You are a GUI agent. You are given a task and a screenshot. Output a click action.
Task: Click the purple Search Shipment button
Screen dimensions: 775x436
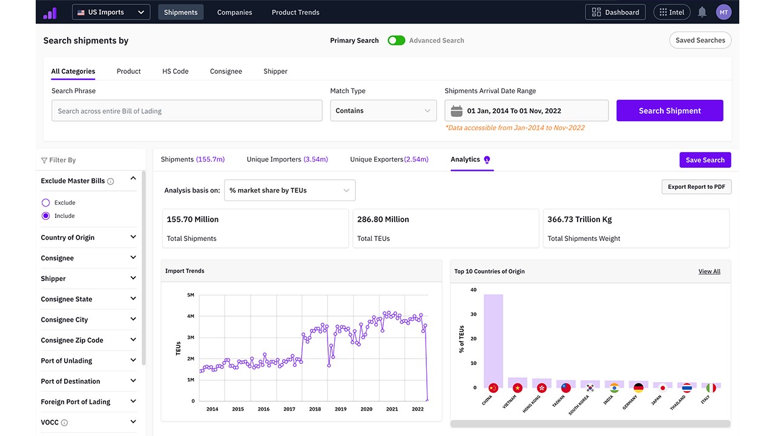(670, 111)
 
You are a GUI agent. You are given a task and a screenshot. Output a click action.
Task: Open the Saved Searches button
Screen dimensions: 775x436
(701, 40)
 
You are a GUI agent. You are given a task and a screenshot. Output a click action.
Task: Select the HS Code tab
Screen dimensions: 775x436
(176, 71)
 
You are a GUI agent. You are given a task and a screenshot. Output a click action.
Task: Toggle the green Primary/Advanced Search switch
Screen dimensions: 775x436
(396, 41)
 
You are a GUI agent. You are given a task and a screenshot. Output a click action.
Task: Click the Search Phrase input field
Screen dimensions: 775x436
(187, 111)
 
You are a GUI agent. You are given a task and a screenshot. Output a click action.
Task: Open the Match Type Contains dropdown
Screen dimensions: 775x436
(383, 111)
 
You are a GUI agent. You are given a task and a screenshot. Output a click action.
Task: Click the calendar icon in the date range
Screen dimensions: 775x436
(457, 111)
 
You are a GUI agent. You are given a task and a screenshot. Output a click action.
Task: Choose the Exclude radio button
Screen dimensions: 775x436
(45, 202)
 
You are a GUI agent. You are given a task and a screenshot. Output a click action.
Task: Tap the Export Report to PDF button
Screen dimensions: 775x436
(696, 187)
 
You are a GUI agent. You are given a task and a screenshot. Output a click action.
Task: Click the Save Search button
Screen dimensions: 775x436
(705, 160)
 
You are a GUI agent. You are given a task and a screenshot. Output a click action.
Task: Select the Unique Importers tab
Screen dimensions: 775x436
(287, 159)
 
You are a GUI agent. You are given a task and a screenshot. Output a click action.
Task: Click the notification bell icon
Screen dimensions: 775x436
(702, 12)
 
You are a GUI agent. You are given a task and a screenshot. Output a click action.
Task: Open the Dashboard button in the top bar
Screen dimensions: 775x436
(615, 12)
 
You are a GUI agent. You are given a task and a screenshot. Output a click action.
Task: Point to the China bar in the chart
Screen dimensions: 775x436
(493, 341)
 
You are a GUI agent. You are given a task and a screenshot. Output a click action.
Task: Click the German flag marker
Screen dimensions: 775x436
(638, 388)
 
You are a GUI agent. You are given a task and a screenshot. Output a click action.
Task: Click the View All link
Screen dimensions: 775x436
(709, 271)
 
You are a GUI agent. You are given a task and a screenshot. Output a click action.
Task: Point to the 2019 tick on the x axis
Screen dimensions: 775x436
(340, 409)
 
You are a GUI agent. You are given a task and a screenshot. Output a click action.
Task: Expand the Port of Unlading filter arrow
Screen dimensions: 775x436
(133, 360)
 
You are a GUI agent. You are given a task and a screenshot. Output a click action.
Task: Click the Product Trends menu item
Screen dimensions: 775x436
(295, 12)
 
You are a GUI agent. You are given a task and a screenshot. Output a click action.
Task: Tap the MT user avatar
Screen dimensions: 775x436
(724, 13)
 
